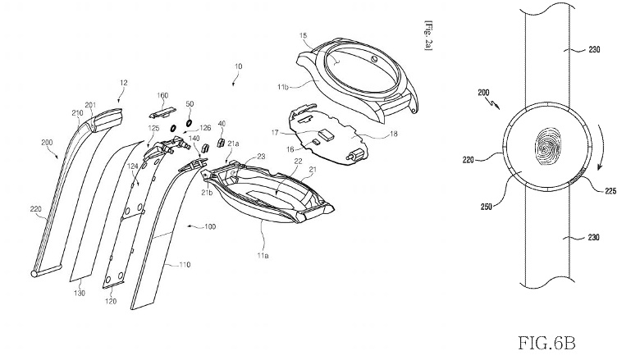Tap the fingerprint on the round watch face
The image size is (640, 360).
pyautogui.click(x=546, y=152)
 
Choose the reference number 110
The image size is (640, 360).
pyautogui.click(x=181, y=265)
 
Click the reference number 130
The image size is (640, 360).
pyautogui.click(x=80, y=292)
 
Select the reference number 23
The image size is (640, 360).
pyautogui.click(x=261, y=156)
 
